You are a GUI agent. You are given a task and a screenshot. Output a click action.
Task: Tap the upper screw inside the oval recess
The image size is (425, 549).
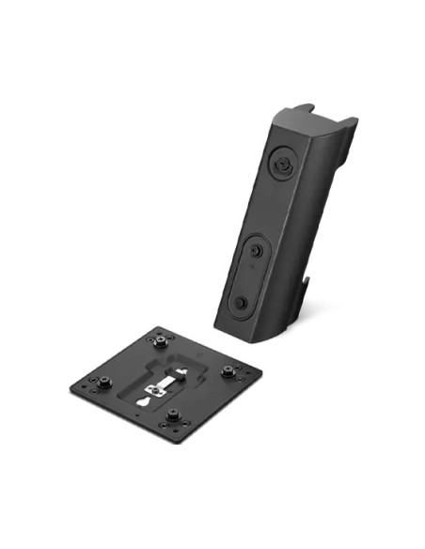[256, 250]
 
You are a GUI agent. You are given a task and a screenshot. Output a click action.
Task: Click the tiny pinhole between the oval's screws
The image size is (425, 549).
[249, 274]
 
